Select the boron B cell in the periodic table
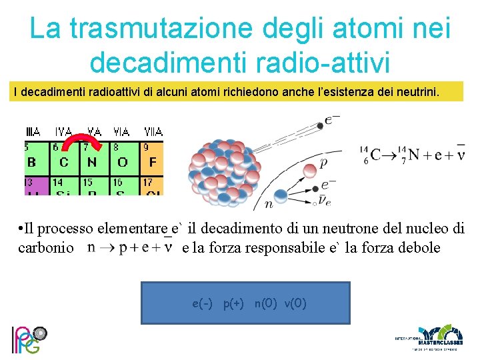[31, 162]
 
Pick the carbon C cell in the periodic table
[64, 162]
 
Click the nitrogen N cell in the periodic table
[92, 162]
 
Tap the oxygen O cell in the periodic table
[122, 162]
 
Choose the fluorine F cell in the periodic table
[153, 162]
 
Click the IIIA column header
[32, 131]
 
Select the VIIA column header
[153, 131]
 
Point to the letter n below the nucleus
[269, 204]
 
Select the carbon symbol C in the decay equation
[376, 155]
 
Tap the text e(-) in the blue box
[202, 304]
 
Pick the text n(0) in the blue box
[265, 304]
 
